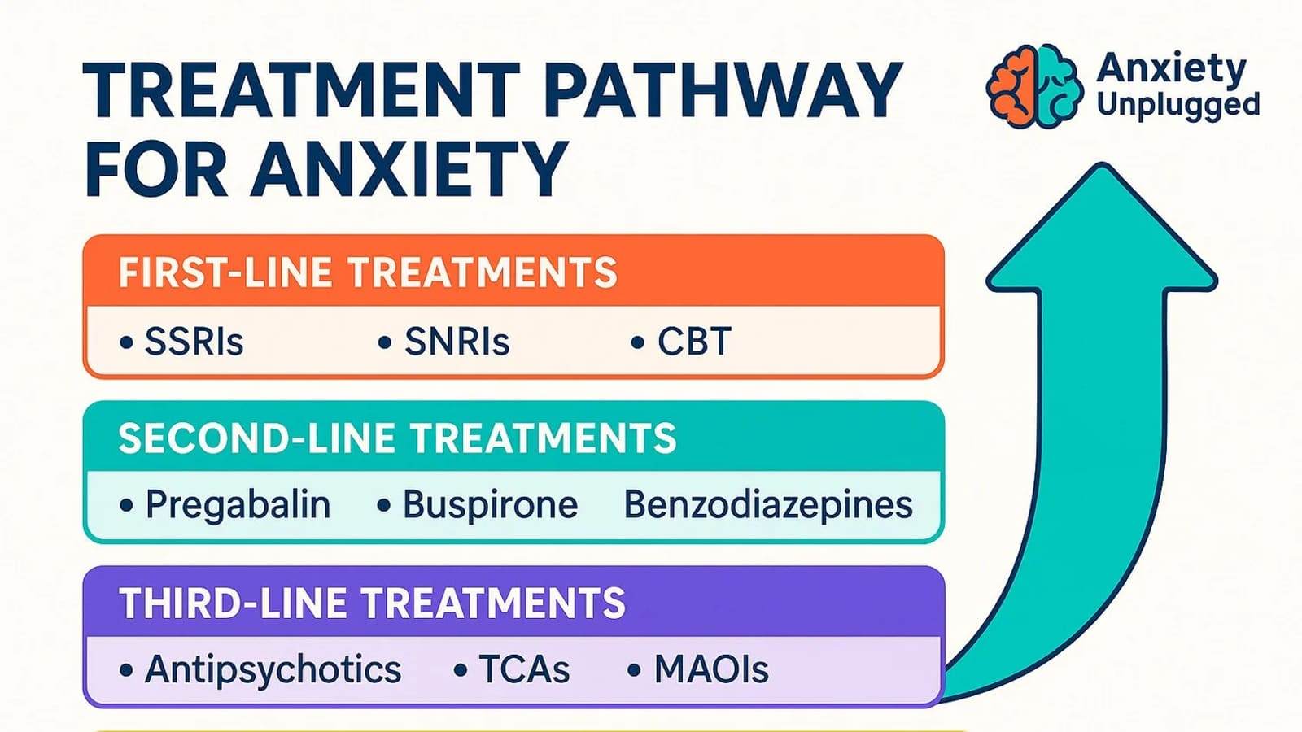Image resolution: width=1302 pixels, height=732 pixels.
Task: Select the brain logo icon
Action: [1034, 86]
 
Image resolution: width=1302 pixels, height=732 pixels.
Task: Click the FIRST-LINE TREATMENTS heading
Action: [367, 272]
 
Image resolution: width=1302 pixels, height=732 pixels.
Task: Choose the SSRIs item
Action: [194, 341]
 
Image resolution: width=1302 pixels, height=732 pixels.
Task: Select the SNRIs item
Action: [457, 341]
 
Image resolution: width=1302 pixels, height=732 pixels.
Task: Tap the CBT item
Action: [694, 341]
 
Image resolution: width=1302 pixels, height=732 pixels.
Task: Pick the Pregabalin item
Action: [238, 505]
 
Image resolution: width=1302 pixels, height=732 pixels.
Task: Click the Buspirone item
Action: [490, 505]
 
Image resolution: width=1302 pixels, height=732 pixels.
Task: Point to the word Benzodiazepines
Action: [768, 505]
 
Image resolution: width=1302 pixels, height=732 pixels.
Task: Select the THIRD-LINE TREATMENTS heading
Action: [372, 603]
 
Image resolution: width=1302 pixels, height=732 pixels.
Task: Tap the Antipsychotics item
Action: [273, 670]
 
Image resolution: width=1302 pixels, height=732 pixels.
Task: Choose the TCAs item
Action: [524, 669]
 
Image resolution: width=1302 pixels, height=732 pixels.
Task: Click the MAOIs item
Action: [711, 669]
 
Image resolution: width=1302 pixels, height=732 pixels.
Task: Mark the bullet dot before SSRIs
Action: [126, 342]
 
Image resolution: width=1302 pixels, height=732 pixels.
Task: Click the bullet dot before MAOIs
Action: [634, 670]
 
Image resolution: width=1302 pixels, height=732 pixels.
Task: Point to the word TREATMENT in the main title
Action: [302, 89]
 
